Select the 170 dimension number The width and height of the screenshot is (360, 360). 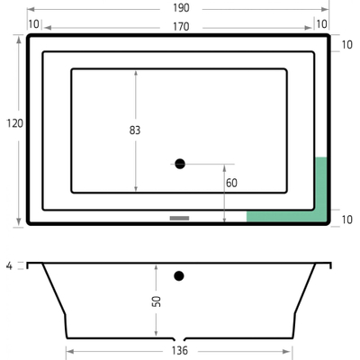click(x=180, y=26)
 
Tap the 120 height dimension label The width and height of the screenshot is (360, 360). click(x=13, y=123)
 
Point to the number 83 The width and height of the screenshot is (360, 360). click(x=135, y=130)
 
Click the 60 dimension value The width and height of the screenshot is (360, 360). click(x=231, y=183)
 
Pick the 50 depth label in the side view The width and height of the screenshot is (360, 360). click(x=156, y=301)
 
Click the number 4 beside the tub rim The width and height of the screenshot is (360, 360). click(x=8, y=265)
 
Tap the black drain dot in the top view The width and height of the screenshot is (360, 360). click(x=180, y=163)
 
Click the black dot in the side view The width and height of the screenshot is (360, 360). click(x=180, y=275)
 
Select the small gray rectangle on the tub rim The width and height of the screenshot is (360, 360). click(x=180, y=217)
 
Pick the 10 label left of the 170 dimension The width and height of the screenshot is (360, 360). click(x=33, y=24)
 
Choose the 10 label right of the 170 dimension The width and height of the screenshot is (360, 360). click(x=321, y=24)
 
